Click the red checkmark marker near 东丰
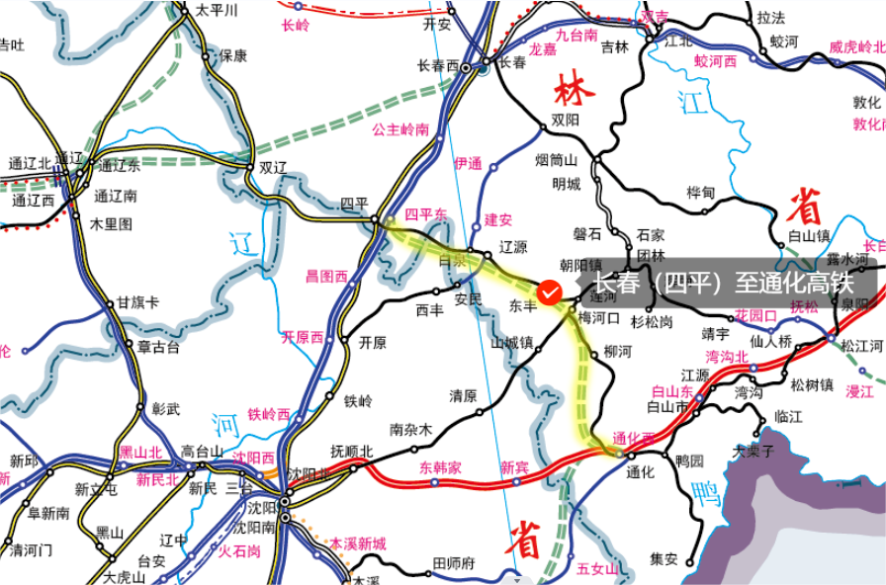point(552,292)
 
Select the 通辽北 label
point(29,163)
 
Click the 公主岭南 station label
point(400,129)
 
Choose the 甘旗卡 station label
point(137,302)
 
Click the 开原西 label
point(303,337)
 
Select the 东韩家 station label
point(440,466)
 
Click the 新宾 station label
point(514,466)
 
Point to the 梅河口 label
point(598,318)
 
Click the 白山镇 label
point(808,236)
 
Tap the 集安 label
point(664,559)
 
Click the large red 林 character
point(574,90)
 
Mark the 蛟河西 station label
point(715,61)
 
